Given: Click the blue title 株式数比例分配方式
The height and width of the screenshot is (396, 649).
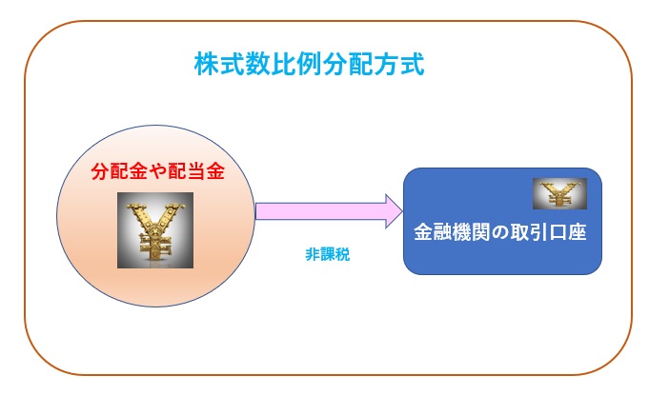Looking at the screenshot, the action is (x=309, y=64).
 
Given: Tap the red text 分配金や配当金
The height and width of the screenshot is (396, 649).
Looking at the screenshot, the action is (x=157, y=170).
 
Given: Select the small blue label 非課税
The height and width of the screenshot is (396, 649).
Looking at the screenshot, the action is (x=328, y=254).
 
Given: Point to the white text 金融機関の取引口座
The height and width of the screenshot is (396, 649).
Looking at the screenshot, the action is (x=500, y=232).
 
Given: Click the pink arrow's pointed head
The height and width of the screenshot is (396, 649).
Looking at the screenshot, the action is (x=402, y=211).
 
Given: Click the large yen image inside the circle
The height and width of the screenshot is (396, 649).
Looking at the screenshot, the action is (x=155, y=230).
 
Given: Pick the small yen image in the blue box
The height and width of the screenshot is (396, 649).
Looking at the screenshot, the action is (x=559, y=193).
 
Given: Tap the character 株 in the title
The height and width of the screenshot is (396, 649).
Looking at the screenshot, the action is (x=207, y=64).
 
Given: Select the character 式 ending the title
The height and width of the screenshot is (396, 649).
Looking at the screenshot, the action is (x=413, y=64).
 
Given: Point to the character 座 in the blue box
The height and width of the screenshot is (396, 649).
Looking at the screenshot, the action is (x=578, y=232).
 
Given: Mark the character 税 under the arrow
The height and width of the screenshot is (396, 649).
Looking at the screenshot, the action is (x=343, y=254).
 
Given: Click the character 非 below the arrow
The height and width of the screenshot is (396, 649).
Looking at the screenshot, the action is (x=313, y=254).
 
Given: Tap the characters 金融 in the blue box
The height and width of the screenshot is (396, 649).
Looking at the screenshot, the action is (x=433, y=232).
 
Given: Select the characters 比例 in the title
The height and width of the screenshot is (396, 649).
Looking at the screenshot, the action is (x=296, y=64).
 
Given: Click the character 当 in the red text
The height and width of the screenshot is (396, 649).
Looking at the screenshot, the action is (x=196, y=170).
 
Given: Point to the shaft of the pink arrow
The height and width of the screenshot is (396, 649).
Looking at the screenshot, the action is (x=321, y=211).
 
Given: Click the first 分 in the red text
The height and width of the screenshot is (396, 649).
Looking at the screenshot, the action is (x=100, y=170).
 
